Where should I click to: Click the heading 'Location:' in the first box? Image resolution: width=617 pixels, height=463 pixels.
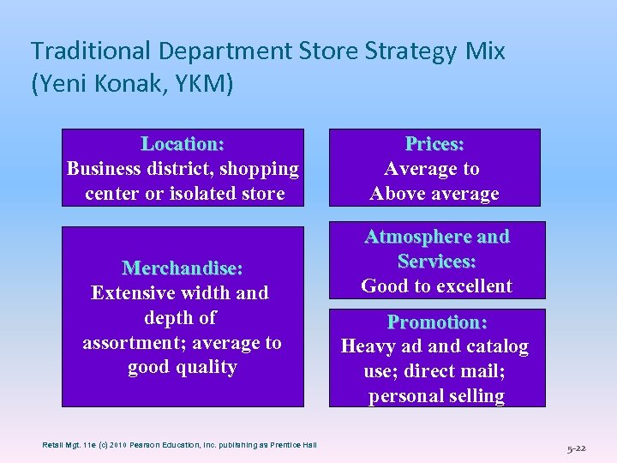coord(183,144)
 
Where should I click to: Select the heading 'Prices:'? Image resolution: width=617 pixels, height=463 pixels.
coord(434,144)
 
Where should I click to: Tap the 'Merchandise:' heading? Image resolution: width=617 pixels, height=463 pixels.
coord(183,268)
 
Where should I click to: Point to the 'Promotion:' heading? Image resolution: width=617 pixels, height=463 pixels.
coord(437,322)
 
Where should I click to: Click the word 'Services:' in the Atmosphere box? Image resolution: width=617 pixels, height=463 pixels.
coord(437,262)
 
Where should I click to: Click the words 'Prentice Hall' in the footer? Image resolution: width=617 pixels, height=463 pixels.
coord(291,444)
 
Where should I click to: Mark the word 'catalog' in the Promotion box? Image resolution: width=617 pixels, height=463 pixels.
coord(496,347)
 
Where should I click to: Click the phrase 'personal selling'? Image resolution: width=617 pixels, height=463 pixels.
coord(436,396)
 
